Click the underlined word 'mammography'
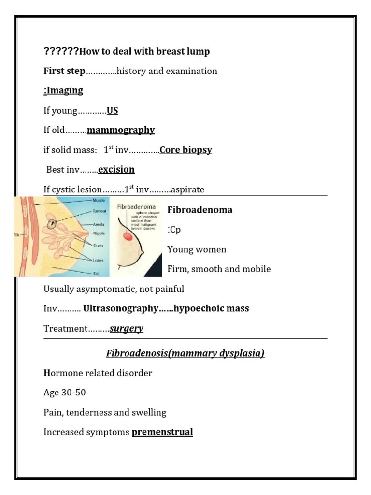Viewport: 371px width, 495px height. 121,130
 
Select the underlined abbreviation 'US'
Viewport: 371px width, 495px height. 113,111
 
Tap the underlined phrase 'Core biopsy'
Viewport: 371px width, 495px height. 186,150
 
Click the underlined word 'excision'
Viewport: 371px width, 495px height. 116,170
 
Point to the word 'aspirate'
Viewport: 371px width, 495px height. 187,189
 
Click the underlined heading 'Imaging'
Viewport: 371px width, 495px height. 65,91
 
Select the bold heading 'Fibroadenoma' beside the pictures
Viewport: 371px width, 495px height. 200,210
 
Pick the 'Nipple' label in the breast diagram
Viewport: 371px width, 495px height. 99,233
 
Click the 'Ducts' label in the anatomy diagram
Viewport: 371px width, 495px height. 98,246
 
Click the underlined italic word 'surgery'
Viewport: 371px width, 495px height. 127,329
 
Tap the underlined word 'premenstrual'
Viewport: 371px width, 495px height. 162,432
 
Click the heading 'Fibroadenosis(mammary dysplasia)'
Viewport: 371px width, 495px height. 185,353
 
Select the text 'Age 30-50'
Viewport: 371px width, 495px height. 65,393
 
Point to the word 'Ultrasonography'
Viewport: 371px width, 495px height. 121,308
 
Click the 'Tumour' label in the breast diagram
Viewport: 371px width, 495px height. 100,212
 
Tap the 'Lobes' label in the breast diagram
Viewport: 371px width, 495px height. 98,260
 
